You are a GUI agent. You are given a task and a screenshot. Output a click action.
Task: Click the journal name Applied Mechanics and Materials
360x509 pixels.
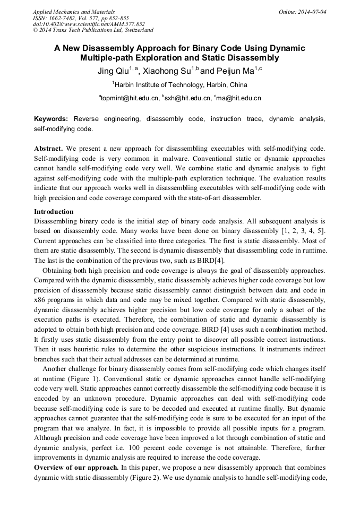pyautogui.click(x=74, y=11)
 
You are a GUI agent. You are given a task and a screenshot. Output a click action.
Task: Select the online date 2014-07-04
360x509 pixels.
pyautogui.click(x=310, y=11)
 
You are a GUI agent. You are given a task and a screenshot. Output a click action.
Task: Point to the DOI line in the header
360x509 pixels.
pyautogui.click(x=89, y=24)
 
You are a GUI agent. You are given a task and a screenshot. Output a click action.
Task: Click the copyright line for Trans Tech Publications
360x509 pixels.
pyautogui.click(x=93, y=30)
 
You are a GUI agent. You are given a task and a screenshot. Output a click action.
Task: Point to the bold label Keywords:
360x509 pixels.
pyautogui.click(x=52, y=119)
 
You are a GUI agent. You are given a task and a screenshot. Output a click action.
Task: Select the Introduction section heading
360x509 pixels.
pyautogui.click(x=54, y=212)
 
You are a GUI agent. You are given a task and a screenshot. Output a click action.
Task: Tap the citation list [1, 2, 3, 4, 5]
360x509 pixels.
pyautogui.click(x=304, y=229)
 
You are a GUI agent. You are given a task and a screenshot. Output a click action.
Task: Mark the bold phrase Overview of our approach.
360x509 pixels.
pyautogui.click(x=76, y=468)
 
